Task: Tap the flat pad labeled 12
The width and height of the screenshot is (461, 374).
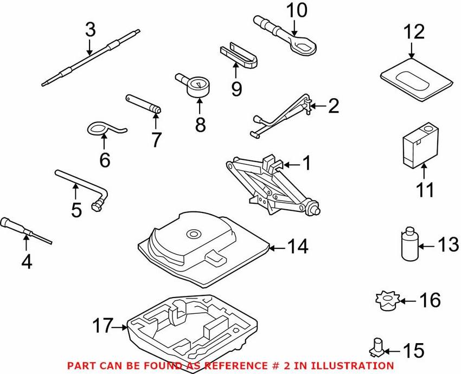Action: click(417, 81)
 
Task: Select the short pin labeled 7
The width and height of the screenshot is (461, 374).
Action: click(144, 104)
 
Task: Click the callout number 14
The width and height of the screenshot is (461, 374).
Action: click(298, 247)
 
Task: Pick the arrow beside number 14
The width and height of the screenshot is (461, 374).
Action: click(278, 248)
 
